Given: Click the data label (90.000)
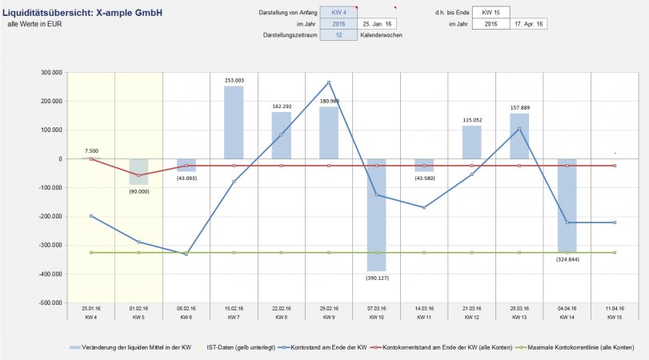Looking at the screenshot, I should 139,190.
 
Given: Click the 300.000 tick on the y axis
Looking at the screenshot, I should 50,73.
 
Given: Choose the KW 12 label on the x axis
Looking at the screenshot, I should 471,317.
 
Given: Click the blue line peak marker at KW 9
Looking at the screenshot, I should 328,82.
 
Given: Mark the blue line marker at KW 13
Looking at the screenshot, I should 519,129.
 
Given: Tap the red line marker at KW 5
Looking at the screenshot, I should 139,175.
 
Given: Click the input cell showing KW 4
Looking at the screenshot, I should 339,13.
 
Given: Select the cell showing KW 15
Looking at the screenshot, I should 487,13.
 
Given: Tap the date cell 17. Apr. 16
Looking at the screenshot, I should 529,24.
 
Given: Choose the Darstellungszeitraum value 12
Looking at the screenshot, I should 339,35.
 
